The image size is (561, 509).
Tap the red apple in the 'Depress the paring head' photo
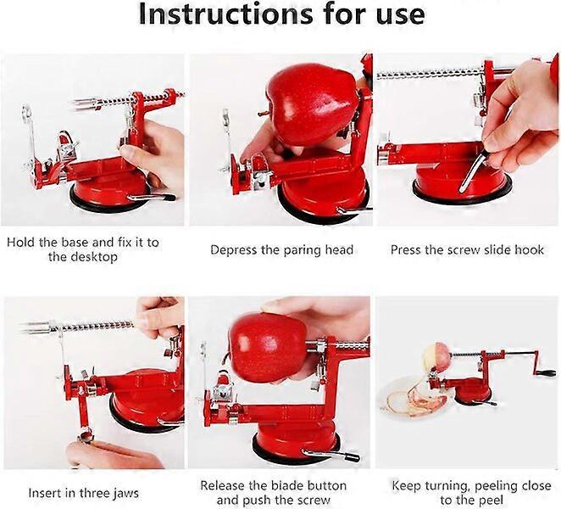click(312, 103)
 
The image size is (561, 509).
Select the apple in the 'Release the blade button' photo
click(267, 347)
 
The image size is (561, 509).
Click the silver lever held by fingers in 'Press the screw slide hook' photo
click(473, 171)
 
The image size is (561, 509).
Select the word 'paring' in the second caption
click(303, 250)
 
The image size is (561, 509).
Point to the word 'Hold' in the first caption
click(21, 242)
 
